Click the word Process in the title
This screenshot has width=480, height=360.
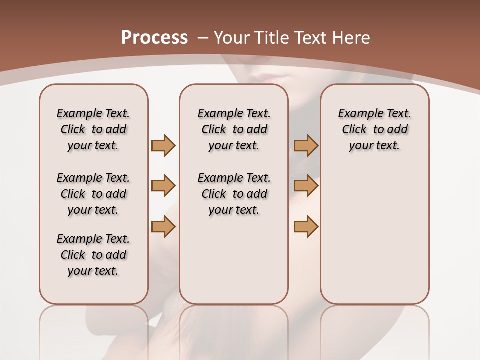click(154, 38)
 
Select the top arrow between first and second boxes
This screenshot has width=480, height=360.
click(163, 146)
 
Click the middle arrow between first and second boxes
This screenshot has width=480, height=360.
click(163, 186)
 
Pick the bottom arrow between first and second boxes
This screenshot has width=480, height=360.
click(163, 227)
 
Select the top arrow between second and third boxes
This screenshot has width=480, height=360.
click(306, 146)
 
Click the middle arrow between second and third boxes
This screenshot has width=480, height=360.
click(306, 186)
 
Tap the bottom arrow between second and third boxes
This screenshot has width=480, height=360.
click(306, 227)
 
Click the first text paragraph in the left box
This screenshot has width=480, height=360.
click(93, 129)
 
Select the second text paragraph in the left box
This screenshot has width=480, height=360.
click(93, 194)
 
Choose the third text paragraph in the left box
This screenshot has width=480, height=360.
click(93, 255)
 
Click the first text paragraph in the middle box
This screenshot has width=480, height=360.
click(234, 129)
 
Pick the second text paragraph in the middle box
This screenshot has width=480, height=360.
click(234, 194)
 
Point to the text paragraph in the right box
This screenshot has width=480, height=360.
click(374, 129)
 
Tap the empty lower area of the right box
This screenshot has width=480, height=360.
click(374, 240)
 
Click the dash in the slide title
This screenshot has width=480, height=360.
click(203, 38)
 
